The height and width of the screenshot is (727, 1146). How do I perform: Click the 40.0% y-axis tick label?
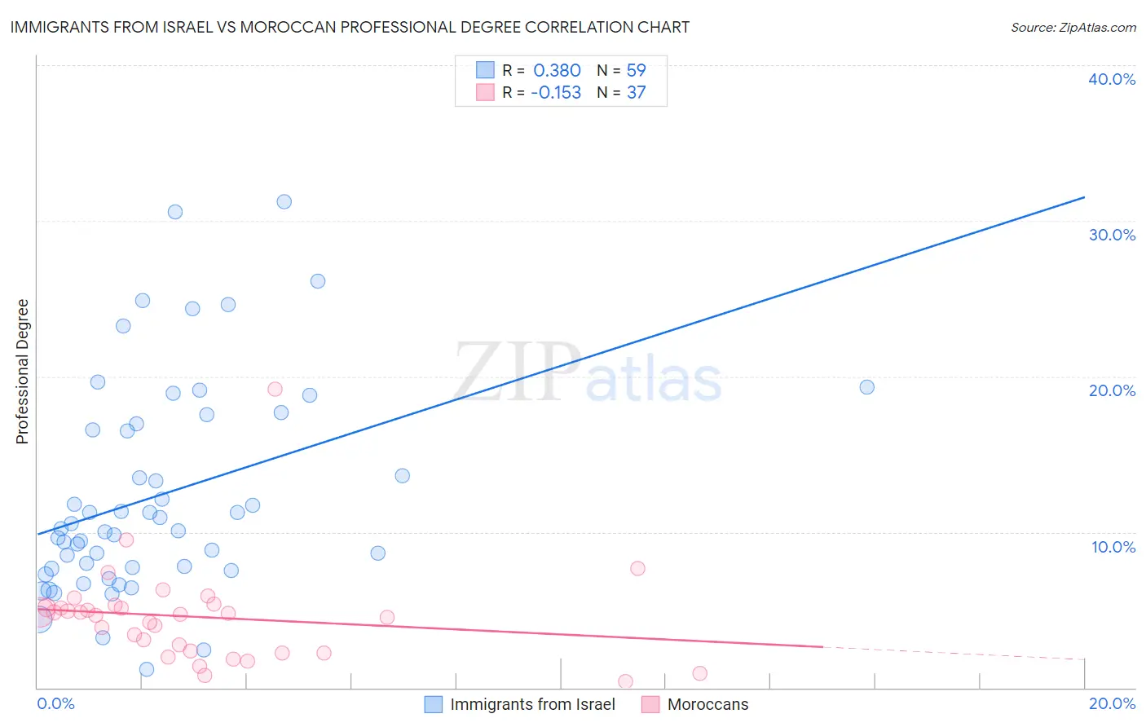[1111, 79]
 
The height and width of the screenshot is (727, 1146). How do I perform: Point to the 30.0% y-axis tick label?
[1111, 235]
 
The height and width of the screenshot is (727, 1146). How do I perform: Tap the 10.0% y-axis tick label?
[1113, 547]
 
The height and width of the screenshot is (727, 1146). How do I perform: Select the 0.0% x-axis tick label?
[55, 703]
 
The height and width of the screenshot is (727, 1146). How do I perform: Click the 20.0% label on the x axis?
[1111, 703]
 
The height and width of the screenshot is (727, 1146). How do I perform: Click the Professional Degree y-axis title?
[22, 372]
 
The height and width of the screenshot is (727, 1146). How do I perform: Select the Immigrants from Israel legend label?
[532, 704]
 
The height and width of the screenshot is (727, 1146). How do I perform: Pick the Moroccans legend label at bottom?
[707, 704]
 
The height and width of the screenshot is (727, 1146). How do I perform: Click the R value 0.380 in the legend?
[557, 71]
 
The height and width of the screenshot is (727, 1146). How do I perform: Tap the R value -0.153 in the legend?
[556, 93]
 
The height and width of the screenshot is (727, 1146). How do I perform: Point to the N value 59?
[636, 71]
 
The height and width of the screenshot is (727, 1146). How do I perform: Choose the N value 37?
[636, 93]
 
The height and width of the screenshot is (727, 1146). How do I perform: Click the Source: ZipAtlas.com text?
[1073, 28]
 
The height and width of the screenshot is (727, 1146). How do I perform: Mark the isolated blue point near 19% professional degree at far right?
[866, 387]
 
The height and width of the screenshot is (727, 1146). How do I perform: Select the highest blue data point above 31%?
[284, 201]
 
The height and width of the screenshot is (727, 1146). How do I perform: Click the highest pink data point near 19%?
[275, 389]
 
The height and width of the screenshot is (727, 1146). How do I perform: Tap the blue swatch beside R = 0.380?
[485, 71]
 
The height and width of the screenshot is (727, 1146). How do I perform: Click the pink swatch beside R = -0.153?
[485, 93]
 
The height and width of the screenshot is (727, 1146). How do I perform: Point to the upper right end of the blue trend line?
[1084, 197]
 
